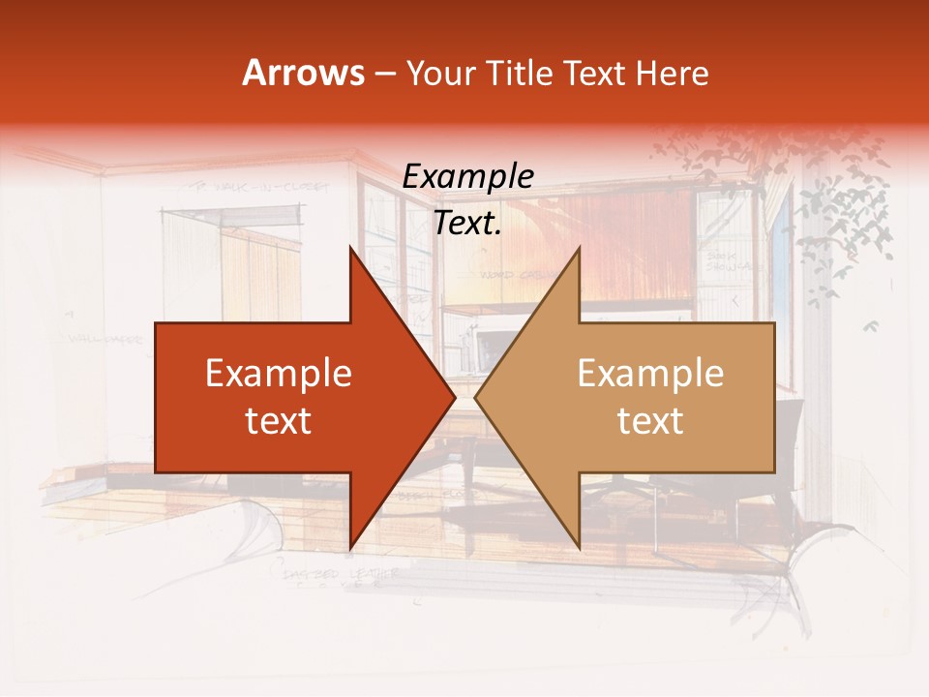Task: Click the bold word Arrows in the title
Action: (304, 73)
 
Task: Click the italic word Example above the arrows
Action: (468, 177)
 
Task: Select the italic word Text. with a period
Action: (468, 224)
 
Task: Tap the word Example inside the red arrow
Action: (279, 373)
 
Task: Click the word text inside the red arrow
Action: (279, 420)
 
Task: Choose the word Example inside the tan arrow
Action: (650, 373)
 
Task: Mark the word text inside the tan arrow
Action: (650, 420)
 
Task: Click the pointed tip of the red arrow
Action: (455, 397)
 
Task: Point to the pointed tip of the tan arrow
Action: (475, 397)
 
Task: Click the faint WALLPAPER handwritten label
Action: (105, 340)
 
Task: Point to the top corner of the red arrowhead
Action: (350, 248)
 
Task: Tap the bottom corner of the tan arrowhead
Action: (579, 548)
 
